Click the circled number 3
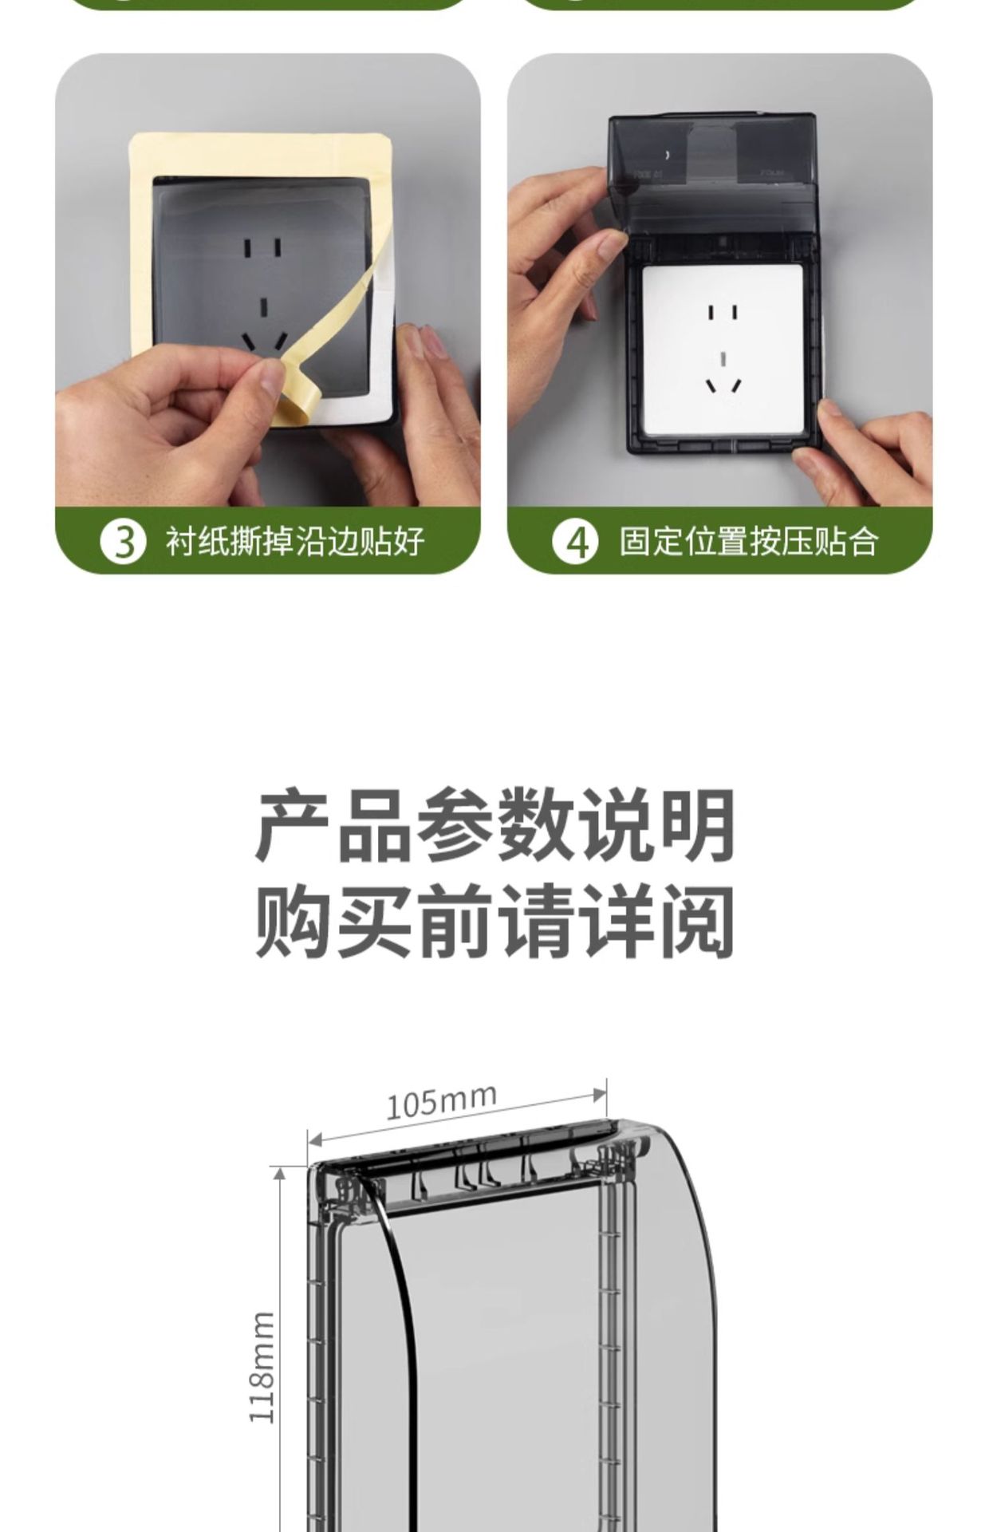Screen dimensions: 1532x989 pyautogui.click(x=124, y=542)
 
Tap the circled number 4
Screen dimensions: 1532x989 pyautogui.click(x=575, y=542)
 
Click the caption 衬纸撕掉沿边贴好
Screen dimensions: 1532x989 pyautogui.click(x=295, y=542)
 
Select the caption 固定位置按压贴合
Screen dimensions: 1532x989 pyautogui.click(x=748, y=542)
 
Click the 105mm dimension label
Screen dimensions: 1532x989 pyautogui.click(x=441, y=1101)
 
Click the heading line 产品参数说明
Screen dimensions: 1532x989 pyautogui.click(x=494, y=826)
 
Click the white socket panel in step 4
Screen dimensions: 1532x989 pyautogui.click(x=722, y=351)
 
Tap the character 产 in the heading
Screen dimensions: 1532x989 pyautogui.click(x=292, y=826)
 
